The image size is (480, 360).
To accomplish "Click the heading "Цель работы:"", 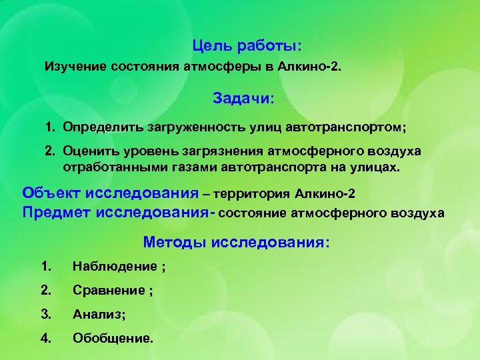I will pyautogui.click(x=247, y=46).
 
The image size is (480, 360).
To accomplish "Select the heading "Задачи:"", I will pyautogui.click(x=243, y=98).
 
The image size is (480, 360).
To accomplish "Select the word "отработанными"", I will pyautogui.click(x=110, y=167).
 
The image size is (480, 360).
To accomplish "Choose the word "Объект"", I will pyautogui.click(x=51, y=193).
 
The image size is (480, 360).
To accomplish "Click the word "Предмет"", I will pyautogui.click(x=56, y=212).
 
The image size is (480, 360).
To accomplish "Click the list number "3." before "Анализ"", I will pyautogui.click(x=45, y=314).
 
